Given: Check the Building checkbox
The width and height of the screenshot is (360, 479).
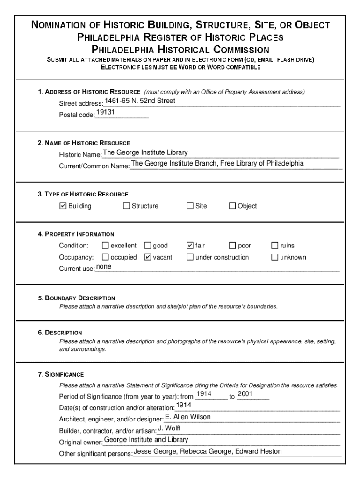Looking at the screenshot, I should click(x=63, y=206).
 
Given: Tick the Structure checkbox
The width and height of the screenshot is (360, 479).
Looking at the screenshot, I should click(x=126, y=206).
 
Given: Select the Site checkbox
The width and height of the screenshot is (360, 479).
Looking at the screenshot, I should click(x=190, y=206).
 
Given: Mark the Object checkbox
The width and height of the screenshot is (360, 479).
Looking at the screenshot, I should click(x=232, y=206).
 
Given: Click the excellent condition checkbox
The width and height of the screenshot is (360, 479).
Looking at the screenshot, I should click(x=105, y=246).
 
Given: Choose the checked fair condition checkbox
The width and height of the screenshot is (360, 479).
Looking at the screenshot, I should click(x=190, y=246).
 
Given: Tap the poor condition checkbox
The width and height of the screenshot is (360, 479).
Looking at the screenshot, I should click(x=232, y=246).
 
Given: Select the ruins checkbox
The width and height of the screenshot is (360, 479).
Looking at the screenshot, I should click(x=275, y=246).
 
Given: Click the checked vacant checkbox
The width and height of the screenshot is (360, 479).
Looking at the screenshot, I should click(x=148, y=257).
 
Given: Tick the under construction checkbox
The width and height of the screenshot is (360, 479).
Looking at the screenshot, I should click(x=190, y=257).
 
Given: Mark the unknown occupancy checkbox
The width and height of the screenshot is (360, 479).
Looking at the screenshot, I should click(x=275, y=257).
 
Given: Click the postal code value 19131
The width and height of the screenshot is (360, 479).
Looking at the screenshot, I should click(x=106, y=112).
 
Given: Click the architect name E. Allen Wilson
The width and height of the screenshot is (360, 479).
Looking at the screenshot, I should click(x=188, y=417).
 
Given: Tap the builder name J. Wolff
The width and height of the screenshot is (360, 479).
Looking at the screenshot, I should click(x=169, y=428).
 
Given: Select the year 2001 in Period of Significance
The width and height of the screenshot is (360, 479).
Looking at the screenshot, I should click(x=245, y=394).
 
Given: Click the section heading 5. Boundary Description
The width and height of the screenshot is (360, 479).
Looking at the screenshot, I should click(x=77, y=298).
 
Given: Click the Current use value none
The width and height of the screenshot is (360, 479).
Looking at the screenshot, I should click(x=104, y=267).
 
